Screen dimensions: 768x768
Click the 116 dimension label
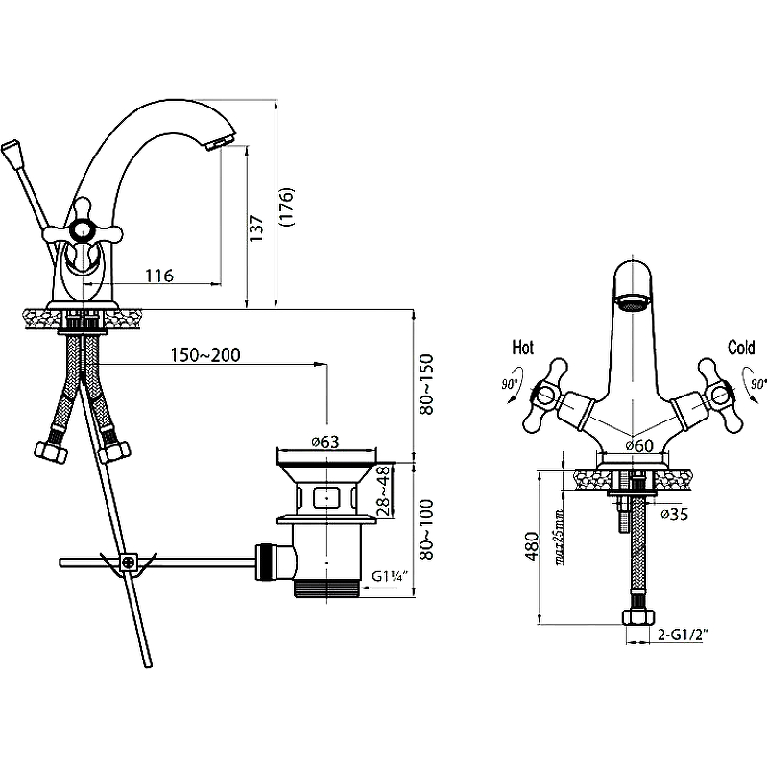[x=159, y=276]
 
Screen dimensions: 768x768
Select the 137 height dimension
[x=256, y=228]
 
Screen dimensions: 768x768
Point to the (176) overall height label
[x=286, y=206]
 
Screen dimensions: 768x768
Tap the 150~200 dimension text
[x=205, y=355]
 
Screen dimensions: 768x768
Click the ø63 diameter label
[x=325, y=442]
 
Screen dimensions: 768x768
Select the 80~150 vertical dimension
[x=426, y=385]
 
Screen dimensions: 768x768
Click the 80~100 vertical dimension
[x=426, y=530]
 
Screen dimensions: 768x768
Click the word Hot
[x=522, y=348]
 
